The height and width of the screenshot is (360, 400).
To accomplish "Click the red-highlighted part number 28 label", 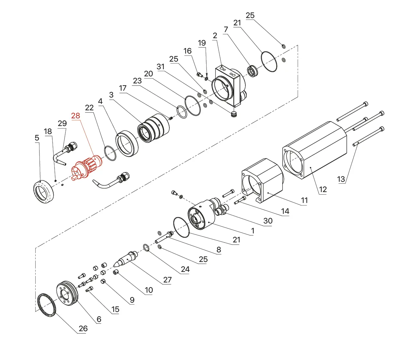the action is click(x=76, y=116).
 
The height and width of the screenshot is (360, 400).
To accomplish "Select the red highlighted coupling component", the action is click(x=87, y=168).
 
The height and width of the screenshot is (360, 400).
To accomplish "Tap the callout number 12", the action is click(x=323, y=189).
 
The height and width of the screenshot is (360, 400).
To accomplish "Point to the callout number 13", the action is click(x=341, y=179).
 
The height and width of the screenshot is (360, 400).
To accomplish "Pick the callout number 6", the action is click(x=99, y=319).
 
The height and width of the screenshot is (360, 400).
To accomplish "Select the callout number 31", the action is click(x=160, y=67).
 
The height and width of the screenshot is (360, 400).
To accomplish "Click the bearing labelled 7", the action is click(x=252, y=71).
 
